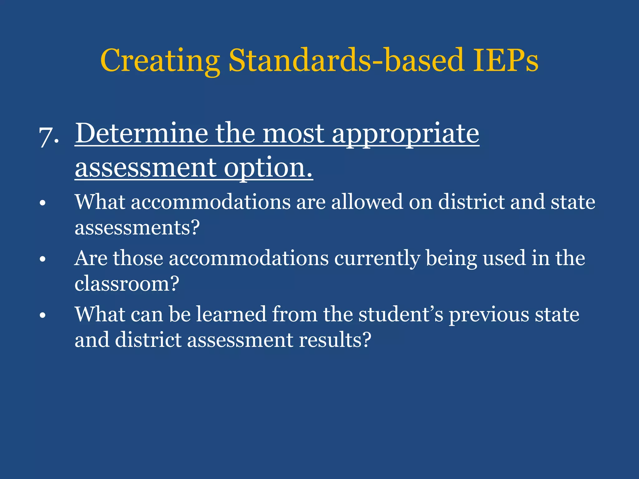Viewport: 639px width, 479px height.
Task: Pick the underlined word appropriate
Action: [405, 134]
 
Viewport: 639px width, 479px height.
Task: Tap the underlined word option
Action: [268, 168]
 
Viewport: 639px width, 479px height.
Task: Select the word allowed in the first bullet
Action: [367, 202]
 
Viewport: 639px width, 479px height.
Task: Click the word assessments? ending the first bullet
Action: [137, 227]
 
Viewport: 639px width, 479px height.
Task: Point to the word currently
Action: [377, 259]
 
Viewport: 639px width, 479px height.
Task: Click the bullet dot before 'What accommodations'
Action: [43, 203]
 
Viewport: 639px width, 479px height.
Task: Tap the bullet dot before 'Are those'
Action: [43, 259]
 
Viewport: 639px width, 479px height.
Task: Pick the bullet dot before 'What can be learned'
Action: [43, 315]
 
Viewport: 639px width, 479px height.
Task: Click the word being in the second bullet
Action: [451, 259]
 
